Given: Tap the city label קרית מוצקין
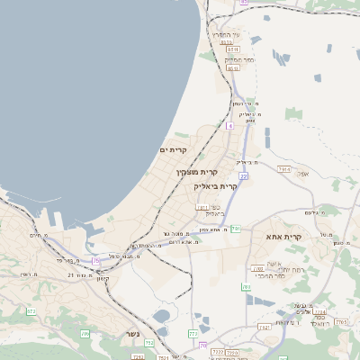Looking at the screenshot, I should tap(198, 171).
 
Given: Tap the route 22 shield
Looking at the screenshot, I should tap(243, 176).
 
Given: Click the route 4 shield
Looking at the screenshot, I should tap(229, 126).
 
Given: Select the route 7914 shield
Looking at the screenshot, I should tap(284, 169).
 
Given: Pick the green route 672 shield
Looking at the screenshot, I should tap(31, 311).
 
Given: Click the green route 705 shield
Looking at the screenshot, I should tap(85, 334).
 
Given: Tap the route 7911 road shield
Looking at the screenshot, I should tap(203, 208).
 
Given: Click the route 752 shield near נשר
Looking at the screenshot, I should tap(149, 343).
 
